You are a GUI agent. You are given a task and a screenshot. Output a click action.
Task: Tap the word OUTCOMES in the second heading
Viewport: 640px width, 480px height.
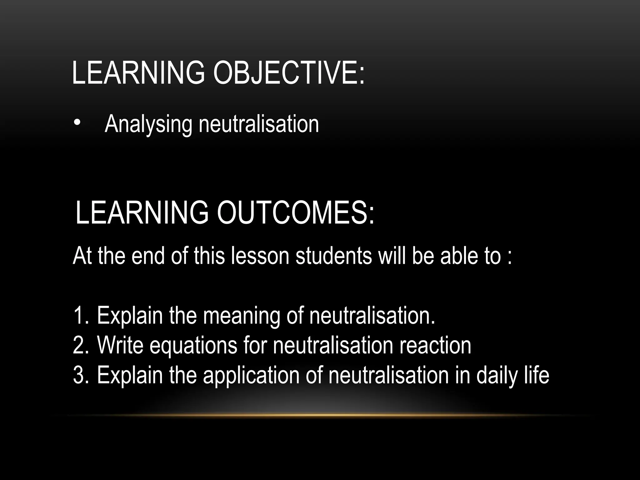tap(295, 212)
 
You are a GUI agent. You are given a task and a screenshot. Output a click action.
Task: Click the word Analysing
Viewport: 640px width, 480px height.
tap(148, 124)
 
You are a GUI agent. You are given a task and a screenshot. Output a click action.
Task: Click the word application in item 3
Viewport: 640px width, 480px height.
tap(251, 376)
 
